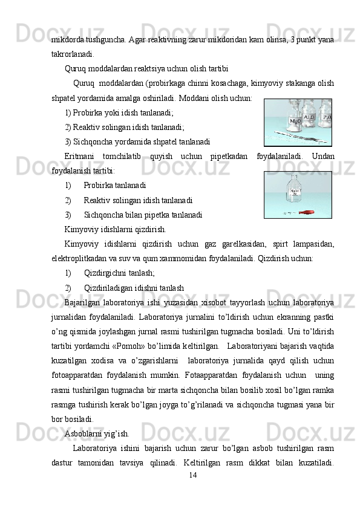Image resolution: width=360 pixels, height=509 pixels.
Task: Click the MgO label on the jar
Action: pos(295,121)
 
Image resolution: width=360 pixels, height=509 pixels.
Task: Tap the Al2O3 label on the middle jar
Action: pos(309,117)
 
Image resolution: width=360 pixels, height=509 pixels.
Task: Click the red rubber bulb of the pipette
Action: pos(307,213)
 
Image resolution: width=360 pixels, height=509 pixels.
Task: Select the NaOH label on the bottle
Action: pos(295,192)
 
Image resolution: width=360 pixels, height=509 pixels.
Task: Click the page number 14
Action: pos(192,475)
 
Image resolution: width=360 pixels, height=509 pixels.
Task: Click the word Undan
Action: pos(323,156)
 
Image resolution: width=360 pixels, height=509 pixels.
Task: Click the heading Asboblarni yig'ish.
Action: pos(97,433)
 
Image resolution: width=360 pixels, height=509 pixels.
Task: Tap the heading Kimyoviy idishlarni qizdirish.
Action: pos(116,230)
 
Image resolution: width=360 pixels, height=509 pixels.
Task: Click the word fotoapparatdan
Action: pos(77,375)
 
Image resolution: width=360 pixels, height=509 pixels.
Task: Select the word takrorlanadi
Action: pos(73,54)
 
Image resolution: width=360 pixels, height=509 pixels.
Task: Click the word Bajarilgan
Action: pos(82,303)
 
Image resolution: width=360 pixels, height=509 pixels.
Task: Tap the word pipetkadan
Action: pos(229,156)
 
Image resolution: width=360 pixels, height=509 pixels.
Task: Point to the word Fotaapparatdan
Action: pos(211,375)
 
